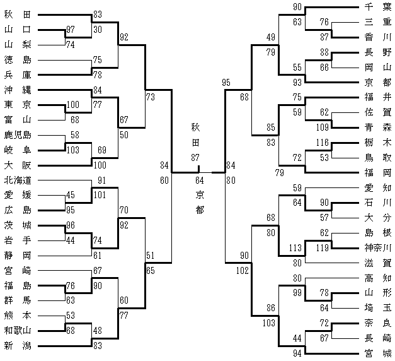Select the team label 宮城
[x=378, y=353]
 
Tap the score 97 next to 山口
[x=71, y=30]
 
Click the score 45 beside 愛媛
[x=71, y=194]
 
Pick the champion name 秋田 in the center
[x=199, y=134]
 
